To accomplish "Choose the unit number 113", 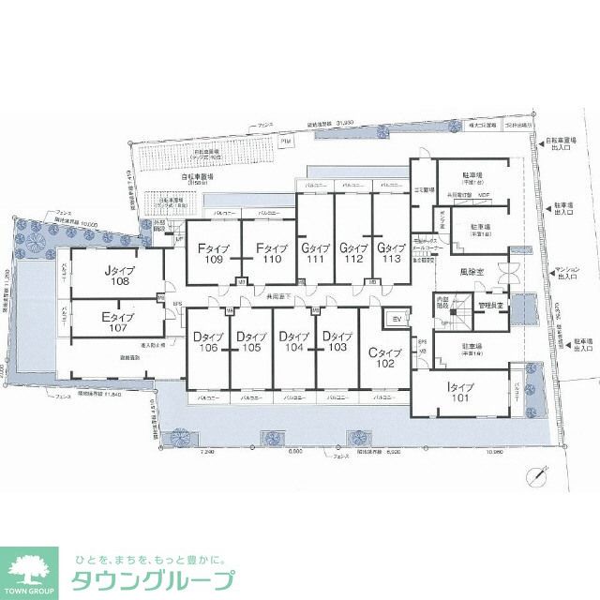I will [x=392, y=260].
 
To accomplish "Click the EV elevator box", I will [x=395, y=321].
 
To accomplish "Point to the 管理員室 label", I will [x=490, y=306].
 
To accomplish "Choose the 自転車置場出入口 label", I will [x=562, y=148].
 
